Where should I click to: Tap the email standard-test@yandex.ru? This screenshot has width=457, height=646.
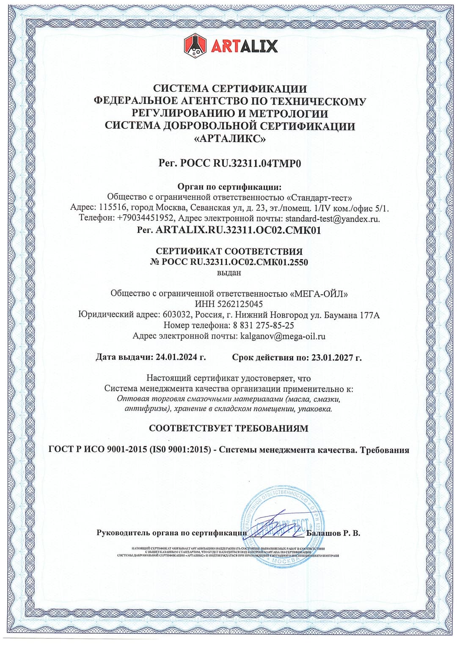coord(332,219)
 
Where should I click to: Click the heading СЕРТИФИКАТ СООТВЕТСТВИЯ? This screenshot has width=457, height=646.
coord(229,251)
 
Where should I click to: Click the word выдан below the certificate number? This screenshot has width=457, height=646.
coord(229,273)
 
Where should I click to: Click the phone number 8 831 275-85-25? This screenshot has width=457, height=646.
coord(263,326)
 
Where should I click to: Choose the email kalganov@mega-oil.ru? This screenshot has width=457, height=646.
coord(283,337)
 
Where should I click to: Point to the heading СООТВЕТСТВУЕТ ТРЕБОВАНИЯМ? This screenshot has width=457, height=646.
coord(228,428)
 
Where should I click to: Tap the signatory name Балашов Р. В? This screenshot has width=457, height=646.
coord(333,533)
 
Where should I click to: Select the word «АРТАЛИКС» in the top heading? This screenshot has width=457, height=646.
coord(229,138)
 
